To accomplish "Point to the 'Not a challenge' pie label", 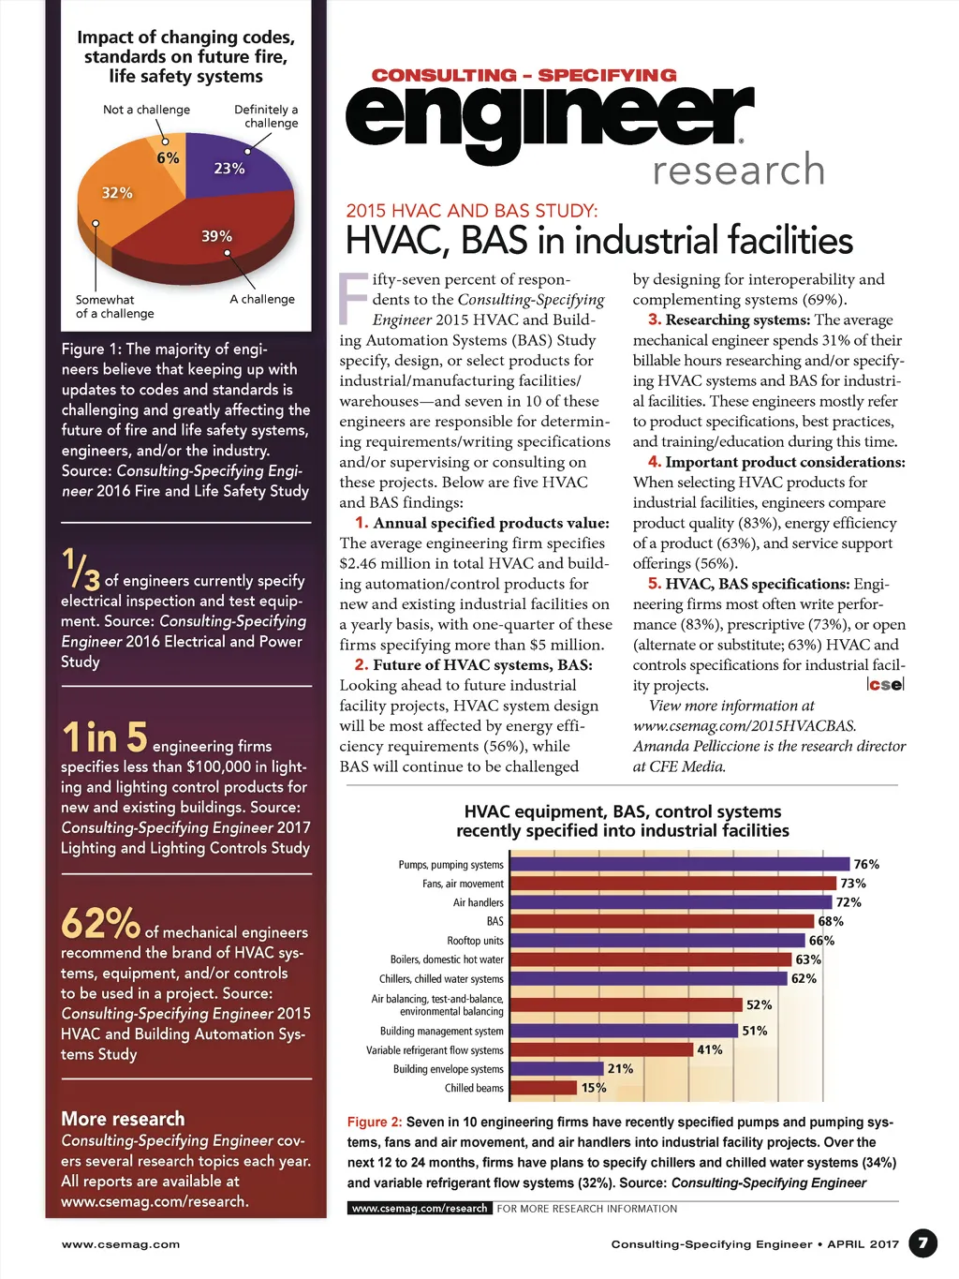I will coord(146,110).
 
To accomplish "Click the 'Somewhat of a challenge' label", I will coord(114,306).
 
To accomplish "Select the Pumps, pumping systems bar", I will coord(679,864).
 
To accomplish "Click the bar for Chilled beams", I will coord(543,1088).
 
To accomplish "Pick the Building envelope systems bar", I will coord(556,1069).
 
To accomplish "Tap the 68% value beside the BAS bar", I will coord(831,921).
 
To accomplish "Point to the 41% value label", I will coord(710,1049).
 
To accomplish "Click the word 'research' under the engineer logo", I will coord(739,170).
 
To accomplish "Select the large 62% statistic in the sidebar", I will coord(100,924).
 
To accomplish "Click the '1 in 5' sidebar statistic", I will coord(105,737).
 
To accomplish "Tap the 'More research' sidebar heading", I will coord(123,1119).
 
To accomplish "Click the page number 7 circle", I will coord(922,1243).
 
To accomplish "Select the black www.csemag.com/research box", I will coord(420,1208).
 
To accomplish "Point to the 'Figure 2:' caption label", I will coord(375,1122).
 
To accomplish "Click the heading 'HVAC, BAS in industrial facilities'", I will coord(599,240).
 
